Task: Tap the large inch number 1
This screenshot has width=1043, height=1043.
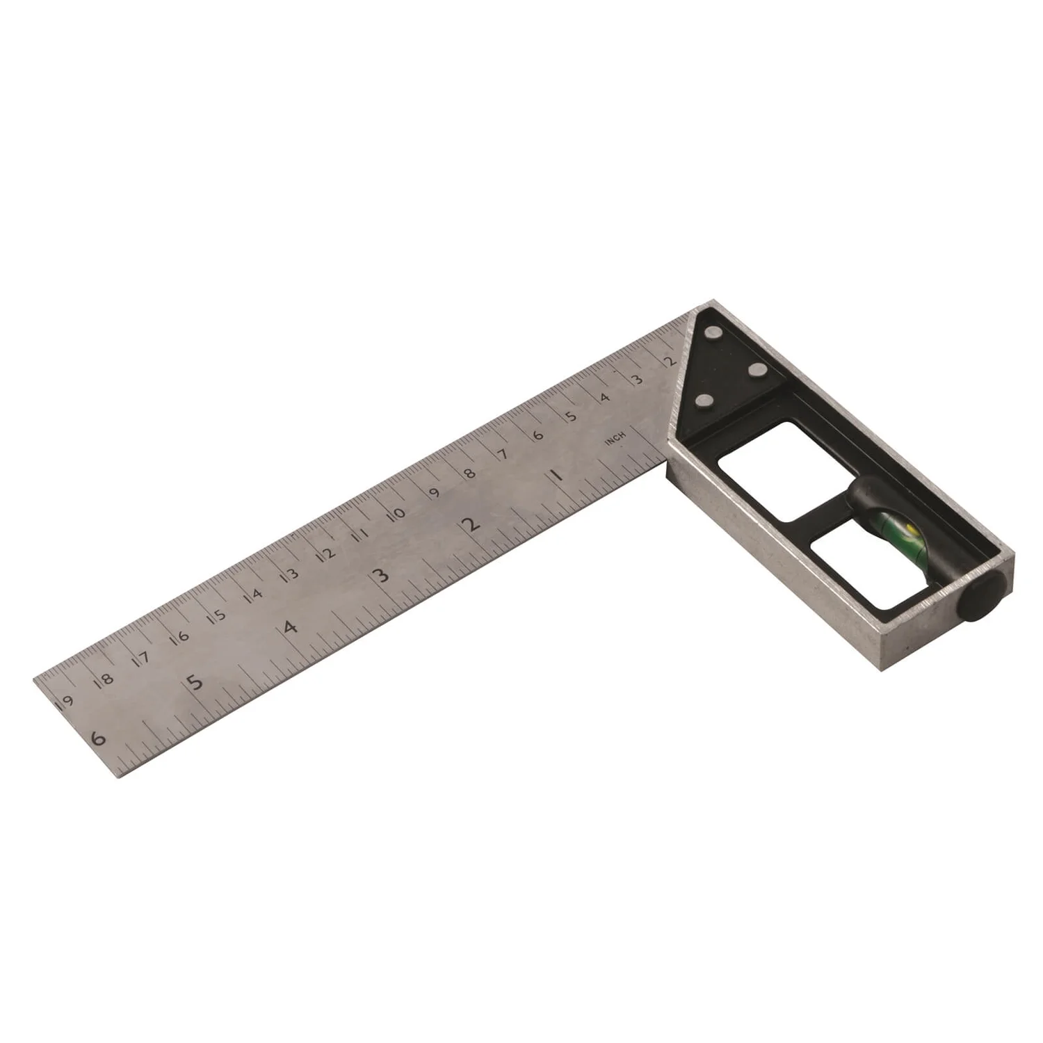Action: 556,477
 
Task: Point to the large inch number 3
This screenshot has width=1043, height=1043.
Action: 380,576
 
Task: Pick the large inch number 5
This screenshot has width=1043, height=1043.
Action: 197,682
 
